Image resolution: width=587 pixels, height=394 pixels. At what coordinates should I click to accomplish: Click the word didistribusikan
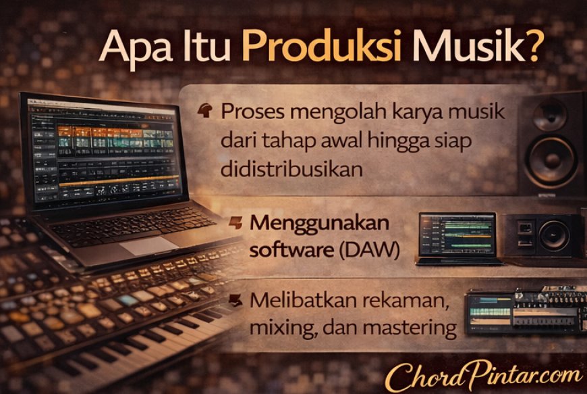[291, 170]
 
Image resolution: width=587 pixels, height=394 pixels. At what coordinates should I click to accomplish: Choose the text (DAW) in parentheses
[369, 249]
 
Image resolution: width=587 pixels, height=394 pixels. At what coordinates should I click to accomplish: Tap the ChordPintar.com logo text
[484, 376]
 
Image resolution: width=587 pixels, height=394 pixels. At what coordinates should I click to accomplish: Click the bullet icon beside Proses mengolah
[205, 110]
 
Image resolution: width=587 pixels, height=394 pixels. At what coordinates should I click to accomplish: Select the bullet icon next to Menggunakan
[236, 222]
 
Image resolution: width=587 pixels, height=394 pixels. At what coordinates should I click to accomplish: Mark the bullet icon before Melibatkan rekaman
[235, 300]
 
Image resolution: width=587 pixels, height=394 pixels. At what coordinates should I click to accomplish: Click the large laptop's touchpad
[148, 246]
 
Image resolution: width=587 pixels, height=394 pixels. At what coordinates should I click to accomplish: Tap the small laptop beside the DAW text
[459, 239]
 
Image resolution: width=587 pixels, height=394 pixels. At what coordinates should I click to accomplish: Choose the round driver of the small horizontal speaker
[554, 236]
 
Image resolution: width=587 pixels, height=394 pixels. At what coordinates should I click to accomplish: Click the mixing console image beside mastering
[525, 310]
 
